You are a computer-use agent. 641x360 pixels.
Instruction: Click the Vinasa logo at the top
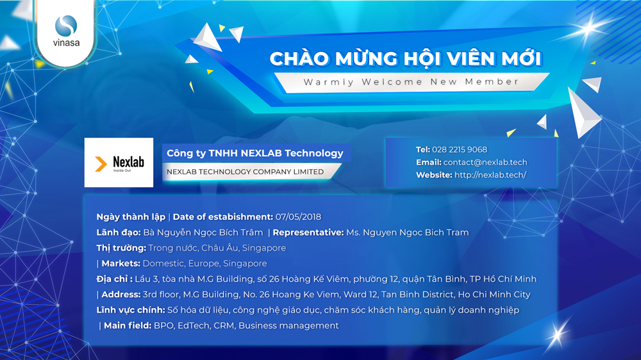[x=66, y=31]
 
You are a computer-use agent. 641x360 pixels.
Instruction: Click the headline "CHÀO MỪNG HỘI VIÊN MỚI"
[x=406, y=59]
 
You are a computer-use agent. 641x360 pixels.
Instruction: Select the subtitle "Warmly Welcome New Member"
[x=412, y=82]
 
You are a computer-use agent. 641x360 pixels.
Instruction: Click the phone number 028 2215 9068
[x=460, y=149]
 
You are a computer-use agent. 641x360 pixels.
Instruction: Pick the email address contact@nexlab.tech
[x=485, y=162]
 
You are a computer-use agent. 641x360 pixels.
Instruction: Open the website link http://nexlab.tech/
[x=490, y=175]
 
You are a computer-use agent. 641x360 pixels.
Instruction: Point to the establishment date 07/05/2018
[x=299, y=217]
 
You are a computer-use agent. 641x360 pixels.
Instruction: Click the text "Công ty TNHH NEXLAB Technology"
[x=255, y=153]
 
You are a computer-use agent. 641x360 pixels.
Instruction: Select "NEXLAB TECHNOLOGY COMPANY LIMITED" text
[x=246, y=172]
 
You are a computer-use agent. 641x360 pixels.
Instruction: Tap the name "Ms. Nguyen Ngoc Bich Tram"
[x=408, y=233]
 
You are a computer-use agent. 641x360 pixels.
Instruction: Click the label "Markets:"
[x=121, y=263]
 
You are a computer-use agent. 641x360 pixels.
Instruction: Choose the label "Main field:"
[x=128, y=325]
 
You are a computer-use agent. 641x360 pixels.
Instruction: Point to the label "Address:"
[x=121, y=295]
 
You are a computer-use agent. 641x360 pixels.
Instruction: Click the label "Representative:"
[x=308, y=233]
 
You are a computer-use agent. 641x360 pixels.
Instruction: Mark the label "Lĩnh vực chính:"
[x=131, y=310]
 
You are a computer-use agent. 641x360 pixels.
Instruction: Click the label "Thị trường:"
[x=121, y=248]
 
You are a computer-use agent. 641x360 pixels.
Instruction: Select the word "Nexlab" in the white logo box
[x=128, y=162]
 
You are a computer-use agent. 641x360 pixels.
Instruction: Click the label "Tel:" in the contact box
[x=422, y=149]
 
